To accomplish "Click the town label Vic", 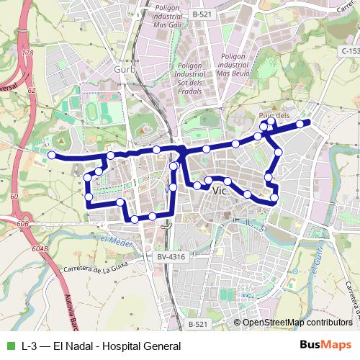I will [x=221, y=192].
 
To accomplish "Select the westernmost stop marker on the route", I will [x=51, y=154].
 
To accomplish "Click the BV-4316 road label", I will [x=171, y=256].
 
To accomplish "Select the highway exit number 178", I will [x=28, y=53].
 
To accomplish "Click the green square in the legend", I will [x=9, y=346].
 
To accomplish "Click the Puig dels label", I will [x=274, y=115].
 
